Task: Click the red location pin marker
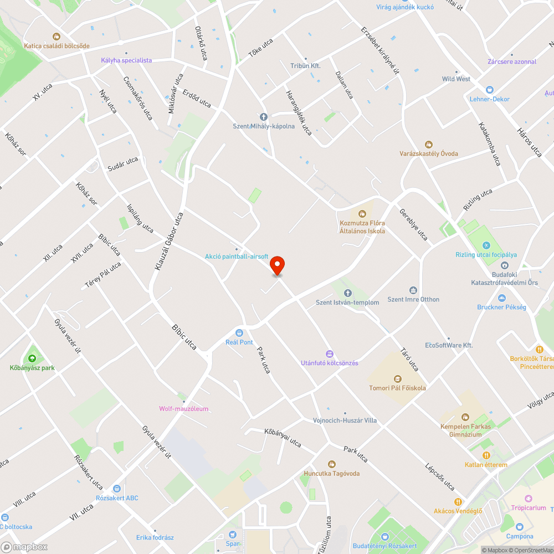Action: [x=277, y=265]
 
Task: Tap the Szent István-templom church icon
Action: [x=347, y=293]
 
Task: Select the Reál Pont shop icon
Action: [x=239, y=332]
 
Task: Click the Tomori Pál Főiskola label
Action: [x=397, y=388]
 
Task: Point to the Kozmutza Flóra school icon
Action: [x=362, y=213]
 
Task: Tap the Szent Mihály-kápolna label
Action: [x=263, y=126]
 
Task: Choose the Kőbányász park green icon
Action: [x=32, y=358]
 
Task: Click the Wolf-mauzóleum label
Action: [x=184, y=409]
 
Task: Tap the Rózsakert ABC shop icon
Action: [x=116, y=489]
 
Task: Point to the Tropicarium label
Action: [x=528, y=507]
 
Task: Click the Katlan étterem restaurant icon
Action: [x=470, y=455]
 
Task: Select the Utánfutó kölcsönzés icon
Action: [x=329, y=353]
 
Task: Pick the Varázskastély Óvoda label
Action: [x=429, y=153]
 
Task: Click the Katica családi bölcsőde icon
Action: [x=56, y=36]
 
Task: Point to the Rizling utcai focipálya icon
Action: [x=486, y=245]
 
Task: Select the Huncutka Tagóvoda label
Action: [x=331, y=474]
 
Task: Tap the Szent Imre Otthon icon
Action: [x=413, y=290]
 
